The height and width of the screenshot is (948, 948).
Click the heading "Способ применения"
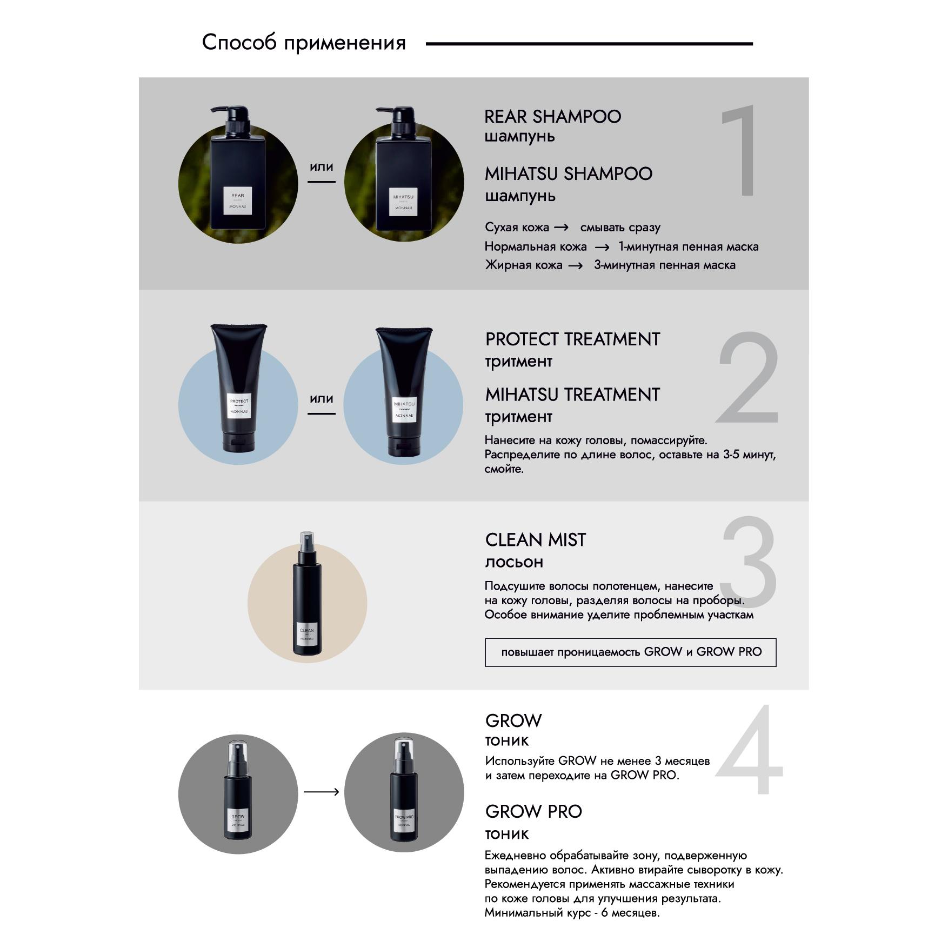point(304,43)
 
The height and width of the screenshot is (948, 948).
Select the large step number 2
point(748,378)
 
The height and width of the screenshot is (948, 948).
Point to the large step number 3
point(749,562)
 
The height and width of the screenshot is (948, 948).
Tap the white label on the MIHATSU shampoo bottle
point(403,201)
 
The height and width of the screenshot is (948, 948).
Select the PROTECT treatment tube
point(238,388)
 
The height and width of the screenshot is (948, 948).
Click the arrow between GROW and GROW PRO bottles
point(321,792)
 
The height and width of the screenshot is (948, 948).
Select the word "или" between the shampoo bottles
point(321,167)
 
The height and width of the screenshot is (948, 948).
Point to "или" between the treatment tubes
point(321,399)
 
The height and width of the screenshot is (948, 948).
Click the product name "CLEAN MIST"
point(535,540)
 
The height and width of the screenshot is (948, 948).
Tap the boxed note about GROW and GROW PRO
point(630,652)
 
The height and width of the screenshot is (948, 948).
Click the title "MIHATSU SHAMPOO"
point(568,174)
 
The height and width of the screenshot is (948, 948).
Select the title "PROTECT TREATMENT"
point(572,339)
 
